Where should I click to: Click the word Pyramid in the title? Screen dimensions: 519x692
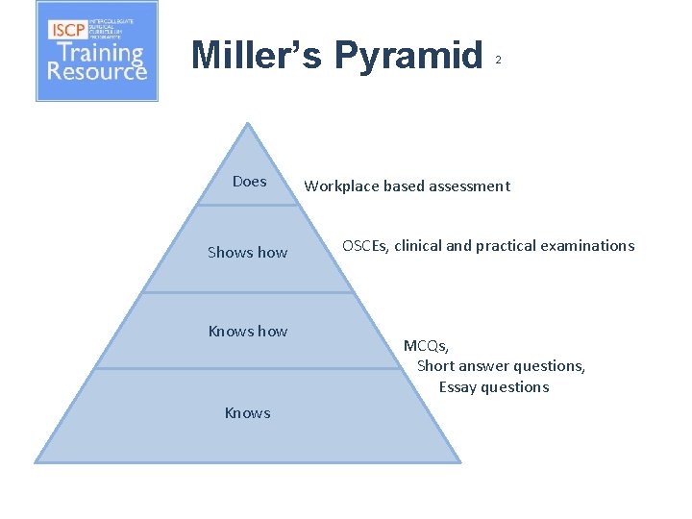[408, 56]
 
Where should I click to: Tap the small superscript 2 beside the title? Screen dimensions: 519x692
[498, 61]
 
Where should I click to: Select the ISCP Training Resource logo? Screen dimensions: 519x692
[97, 51]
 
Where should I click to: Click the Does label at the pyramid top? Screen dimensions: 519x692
[249, 181]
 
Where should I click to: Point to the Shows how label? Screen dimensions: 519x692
[248, 253]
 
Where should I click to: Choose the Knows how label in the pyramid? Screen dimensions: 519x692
[248, 332]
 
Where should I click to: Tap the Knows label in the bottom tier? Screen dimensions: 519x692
[247, 413]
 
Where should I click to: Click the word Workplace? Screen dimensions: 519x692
[341, 186]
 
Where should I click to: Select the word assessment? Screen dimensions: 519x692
[471, 186]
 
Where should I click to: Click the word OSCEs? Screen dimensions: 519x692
[366, 246]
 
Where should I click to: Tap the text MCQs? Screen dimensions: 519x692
[426, 346]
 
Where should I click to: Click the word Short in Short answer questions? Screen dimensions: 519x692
[435, 366]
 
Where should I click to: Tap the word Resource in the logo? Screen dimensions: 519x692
[97, 72]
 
